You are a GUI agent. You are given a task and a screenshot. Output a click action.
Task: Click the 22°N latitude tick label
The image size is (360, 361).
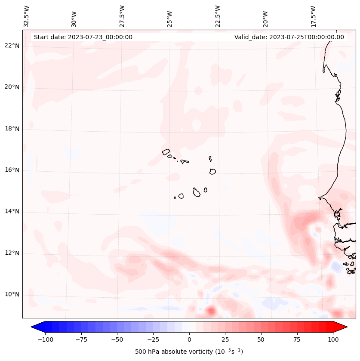(x=12, y=46)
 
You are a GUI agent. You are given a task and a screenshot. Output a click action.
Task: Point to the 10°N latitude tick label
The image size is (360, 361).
(x=12, y=295)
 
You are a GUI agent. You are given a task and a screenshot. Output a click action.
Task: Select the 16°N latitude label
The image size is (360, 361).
(x=12, y=170)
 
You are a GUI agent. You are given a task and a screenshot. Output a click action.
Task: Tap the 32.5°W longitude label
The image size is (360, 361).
(x=27, y=16)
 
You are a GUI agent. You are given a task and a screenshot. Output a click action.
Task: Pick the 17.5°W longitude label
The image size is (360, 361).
(x=313, y=16)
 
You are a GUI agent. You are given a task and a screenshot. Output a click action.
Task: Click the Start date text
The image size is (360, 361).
(x=83, y=37)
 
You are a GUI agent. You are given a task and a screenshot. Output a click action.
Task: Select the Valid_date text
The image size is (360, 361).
(x=289, y=37)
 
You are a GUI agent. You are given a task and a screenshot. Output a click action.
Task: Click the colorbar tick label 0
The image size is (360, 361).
(x=189, y=339)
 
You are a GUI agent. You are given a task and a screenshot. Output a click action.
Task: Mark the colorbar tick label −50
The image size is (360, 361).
(x=117, y=339)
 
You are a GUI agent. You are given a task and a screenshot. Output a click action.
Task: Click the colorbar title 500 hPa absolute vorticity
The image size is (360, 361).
(x=189, y=352)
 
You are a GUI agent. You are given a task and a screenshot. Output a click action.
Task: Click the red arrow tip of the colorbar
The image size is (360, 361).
(x=344, y=327)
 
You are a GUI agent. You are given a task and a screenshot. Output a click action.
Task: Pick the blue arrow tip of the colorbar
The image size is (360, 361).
(x=34, y=327)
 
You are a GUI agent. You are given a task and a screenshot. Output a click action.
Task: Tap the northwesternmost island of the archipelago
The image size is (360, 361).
(x=166, y=151)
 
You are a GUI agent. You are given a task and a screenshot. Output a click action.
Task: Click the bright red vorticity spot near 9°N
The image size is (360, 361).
(x=210, y=310)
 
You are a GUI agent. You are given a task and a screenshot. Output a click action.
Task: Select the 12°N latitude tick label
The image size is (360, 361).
(x=12, y=253)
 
